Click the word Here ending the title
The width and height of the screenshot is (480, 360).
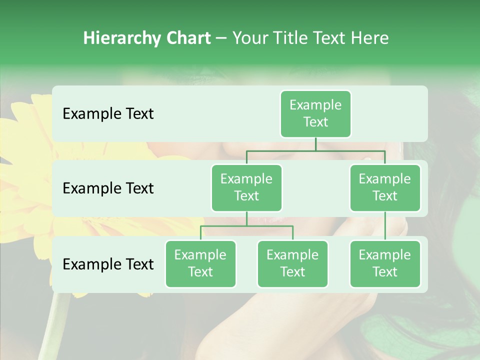[369, 38]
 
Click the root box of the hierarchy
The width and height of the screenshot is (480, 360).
[315, 113]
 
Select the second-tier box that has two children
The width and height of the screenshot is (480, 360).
[246, 187]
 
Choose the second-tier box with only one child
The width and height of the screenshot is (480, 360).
[385, 187]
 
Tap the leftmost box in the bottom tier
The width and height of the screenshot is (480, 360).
[200, 263]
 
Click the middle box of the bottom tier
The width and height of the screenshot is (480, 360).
[292, 263]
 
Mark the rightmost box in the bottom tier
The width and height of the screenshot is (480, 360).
[385, 263]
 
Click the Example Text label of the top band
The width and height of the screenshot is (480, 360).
[108, 113]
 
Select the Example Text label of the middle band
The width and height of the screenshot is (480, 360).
[108, 188]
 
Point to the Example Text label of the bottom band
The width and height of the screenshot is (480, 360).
[108, 264]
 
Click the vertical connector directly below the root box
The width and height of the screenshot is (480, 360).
[315, 144]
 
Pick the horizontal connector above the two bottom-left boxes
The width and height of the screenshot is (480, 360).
[246, 226]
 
